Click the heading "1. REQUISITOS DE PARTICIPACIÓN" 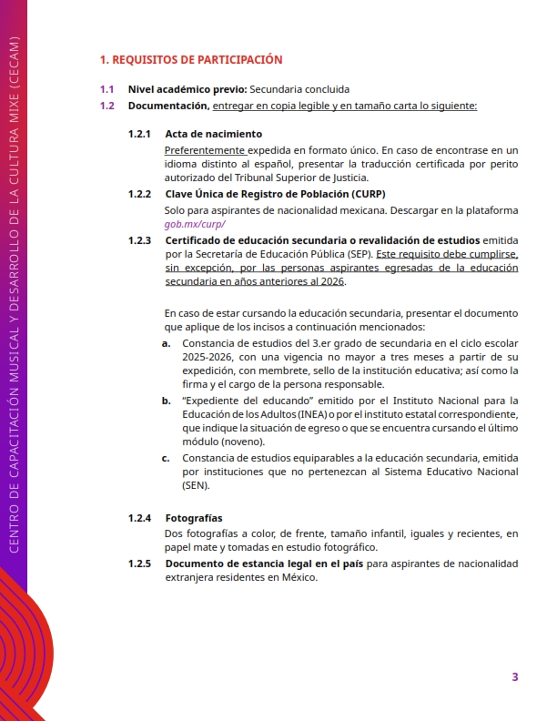(191, 60)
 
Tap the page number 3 (515, 676)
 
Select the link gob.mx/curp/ (194, 224)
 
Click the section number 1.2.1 (139, 134)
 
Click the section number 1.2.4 (139, 518)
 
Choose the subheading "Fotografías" (194, 518)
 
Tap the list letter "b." (167, 400)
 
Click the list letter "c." (167, 458)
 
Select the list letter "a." (167, 342)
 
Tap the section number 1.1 (107, 89)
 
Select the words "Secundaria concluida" (299, 89)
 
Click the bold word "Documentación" (168, 106)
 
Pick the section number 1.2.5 (139, 564)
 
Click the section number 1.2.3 (139, 240)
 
